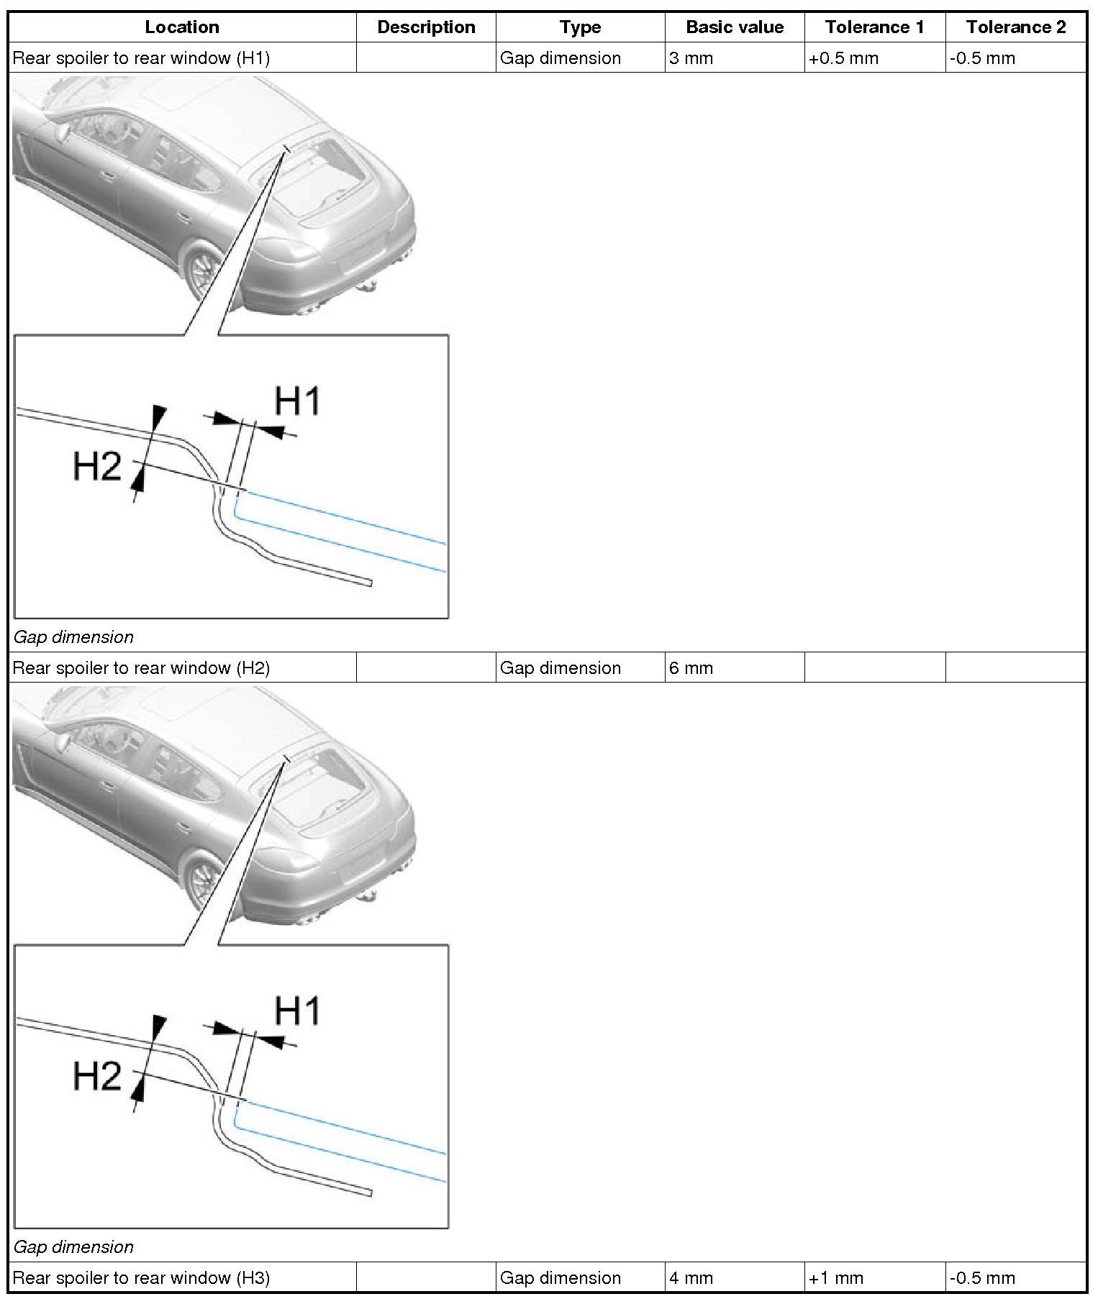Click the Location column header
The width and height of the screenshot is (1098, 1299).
pos(182,27)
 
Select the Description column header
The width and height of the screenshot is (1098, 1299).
pos(426,27)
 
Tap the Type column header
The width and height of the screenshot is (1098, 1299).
pos(580,27)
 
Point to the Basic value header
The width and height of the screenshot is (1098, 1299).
pos(735,27)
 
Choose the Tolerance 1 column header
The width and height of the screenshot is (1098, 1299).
pos(874,27)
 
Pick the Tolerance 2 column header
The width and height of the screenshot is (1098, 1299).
pos(1015,27)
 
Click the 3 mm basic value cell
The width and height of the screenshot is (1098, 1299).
pos(691,58)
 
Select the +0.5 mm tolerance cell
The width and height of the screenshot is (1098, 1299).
pos(843,58)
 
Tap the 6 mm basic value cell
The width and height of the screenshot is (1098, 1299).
pos(691,668)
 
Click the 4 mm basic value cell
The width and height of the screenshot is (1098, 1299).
pos(691,1278)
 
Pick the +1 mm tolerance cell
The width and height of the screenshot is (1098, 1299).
pos(835,1278)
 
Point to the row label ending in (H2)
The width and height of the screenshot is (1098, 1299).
pos(141,668)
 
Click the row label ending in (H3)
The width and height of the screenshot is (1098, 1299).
pos(141,1278)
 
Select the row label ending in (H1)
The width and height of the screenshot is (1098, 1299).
pos(141,58)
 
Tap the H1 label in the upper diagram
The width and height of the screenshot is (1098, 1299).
pos(297,401)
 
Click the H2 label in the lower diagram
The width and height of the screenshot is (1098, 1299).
pos(97,1077)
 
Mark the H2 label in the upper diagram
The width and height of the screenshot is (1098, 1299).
pos(97,467)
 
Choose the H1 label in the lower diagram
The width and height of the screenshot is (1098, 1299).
pos(297,1011)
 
